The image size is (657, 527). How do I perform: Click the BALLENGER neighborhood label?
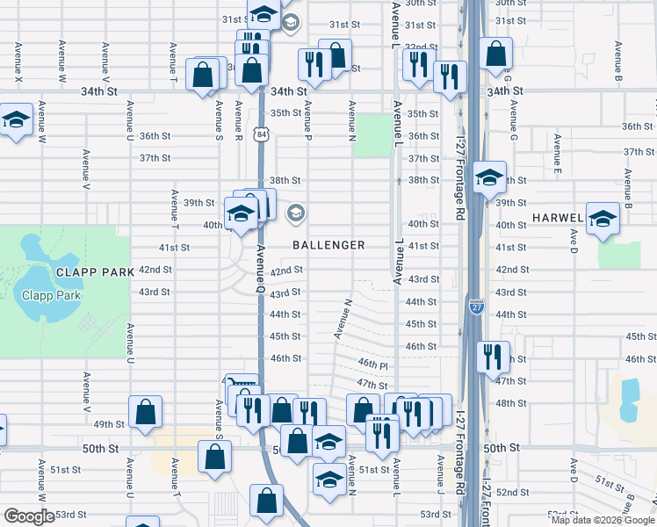328,245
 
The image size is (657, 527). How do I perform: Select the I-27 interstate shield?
476,306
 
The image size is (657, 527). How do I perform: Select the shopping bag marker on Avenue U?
145,412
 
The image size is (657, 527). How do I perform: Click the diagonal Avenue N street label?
343,319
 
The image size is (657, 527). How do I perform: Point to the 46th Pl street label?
372,364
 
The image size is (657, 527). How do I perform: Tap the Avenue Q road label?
261,263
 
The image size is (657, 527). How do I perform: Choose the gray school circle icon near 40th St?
296,212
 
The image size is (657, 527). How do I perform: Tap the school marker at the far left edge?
15,121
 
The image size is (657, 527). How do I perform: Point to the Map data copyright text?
602,519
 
